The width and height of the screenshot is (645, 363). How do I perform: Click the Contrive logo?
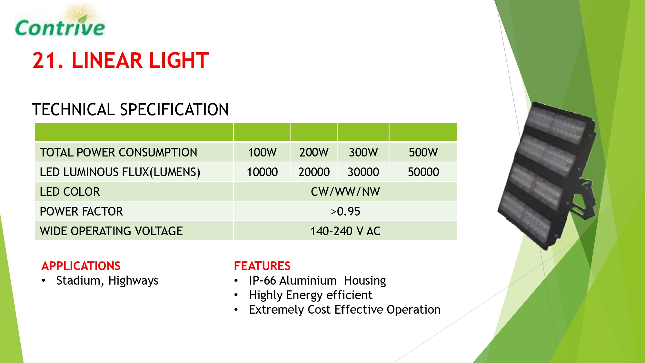pos(60,21)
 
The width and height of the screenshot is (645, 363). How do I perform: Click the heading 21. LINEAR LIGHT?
pos(121,60)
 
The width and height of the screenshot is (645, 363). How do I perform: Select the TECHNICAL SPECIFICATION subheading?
pos(130,109)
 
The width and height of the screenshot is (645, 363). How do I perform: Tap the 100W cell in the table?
pos(262,152)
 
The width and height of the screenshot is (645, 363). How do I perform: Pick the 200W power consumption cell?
pos(314,152)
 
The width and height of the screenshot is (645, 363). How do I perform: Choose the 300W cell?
pos(363,152)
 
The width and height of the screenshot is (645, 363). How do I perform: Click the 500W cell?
pos(423,152)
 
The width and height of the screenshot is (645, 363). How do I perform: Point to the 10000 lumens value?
pos(262,172)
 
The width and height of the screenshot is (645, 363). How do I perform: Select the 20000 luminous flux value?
pos(314,172)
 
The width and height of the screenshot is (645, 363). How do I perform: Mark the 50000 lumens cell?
pos(423,172)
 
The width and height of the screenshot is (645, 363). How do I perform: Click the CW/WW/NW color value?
pos(345,192)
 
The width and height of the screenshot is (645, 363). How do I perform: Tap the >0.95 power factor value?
pos(345,211)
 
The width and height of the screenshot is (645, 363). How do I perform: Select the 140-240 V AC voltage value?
pos(345,231)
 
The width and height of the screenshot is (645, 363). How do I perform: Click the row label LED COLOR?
pos(70,192)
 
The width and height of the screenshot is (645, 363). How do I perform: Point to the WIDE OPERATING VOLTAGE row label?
pos(111,231)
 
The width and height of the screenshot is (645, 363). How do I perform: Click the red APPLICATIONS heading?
pos(81,266)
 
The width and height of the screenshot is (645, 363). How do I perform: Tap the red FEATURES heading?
pos(262,266)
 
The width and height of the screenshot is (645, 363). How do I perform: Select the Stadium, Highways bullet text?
pos(107,281)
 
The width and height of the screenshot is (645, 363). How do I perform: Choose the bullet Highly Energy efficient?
pos(311,295)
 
